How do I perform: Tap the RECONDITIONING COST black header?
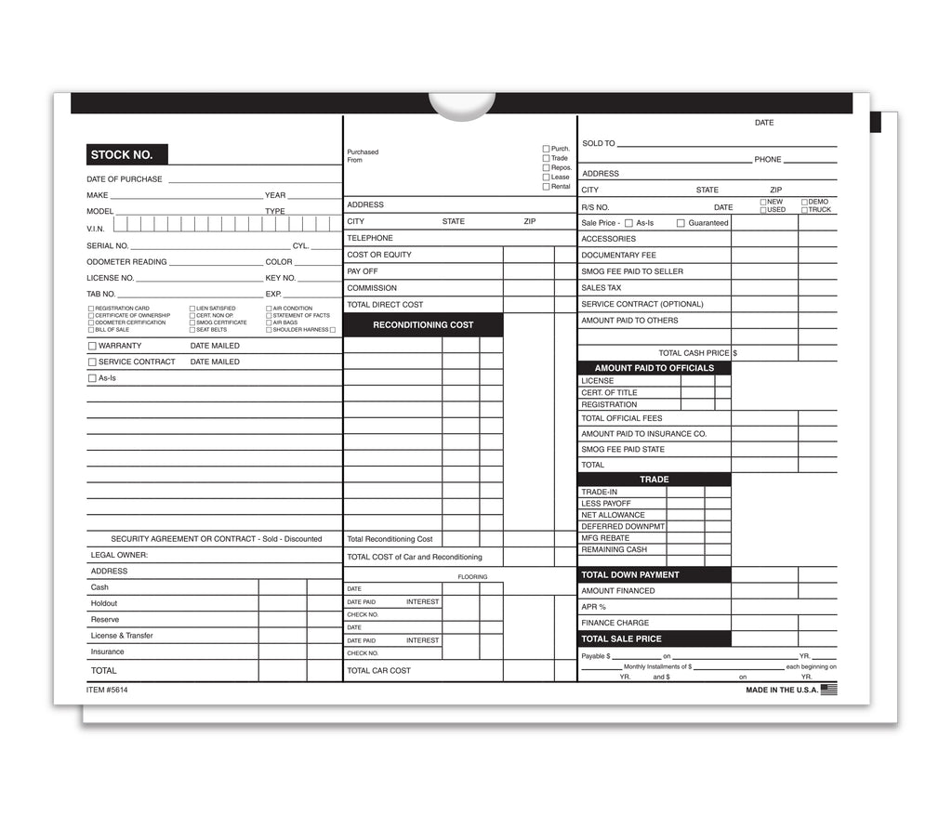[x=423, y=325]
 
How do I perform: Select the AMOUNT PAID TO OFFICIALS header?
[x=654, y=368]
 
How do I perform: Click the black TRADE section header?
[x=654, y=480]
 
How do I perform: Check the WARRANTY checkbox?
[x=92, y=346]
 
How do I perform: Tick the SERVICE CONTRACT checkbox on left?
[x=92, y=362]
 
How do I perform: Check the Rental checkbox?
[x=546, y=187]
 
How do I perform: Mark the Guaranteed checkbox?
[x=681, y=223]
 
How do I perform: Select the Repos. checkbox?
[x=546, y=168]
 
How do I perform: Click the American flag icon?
[x=829, y=690]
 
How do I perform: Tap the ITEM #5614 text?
[x=106, y=690]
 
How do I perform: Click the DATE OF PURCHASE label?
[x=125, y=179]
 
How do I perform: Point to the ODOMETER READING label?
[x=126, y=262]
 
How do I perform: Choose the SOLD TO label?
[x=599, y=144]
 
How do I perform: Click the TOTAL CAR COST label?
[x=378, y=671]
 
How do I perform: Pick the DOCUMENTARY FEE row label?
[x=618, y=256]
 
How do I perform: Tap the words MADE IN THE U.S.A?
[x=782, y=691]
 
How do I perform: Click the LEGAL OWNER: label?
[x=119, y=556]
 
